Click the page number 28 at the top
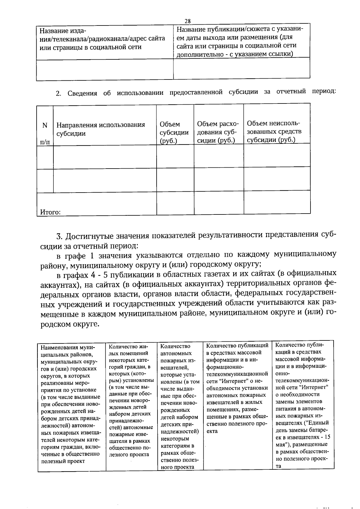click(187, 21)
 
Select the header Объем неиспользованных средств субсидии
click(274, 132)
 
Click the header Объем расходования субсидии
click(218, 132)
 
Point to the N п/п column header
click(45, 133)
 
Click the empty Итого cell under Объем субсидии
click(175, 203)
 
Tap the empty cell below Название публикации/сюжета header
click(241, 68)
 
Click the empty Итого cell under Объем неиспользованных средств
click(277, 202)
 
